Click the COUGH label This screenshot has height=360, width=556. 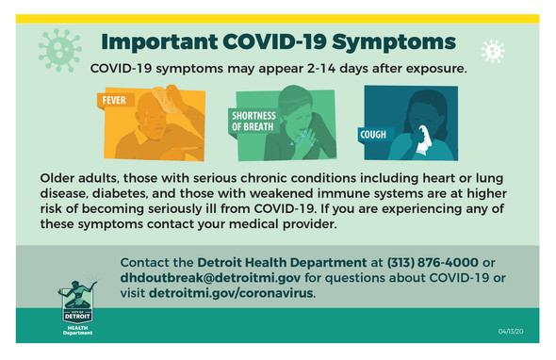373,134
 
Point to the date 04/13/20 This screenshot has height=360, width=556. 512,332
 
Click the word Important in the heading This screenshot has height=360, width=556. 156,42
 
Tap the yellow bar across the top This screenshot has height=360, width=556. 278,18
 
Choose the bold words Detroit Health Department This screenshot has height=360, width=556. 282,260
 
